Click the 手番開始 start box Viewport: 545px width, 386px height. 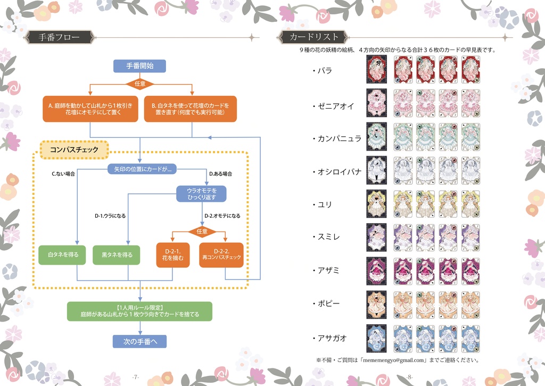[x=139, y=66]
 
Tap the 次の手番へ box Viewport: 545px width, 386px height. [x=139, y=341]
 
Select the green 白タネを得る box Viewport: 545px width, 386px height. [x=63, y=255]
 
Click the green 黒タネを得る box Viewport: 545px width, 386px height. [x=117, y=255]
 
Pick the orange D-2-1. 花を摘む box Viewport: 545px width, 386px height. [x=174, y=255]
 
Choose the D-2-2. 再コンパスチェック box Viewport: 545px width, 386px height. [x=221, y=255]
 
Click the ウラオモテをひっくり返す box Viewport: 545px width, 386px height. [x=202, y=193]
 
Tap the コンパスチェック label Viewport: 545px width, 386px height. [x=74, y=150]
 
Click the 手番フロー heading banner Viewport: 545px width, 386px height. [x=60, y=37]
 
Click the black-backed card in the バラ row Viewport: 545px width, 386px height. [x=377, y=70]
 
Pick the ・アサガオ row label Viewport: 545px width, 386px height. [x=332, y=338]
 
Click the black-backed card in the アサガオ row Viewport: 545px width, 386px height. [x=377, y=338]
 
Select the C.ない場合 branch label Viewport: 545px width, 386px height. [x=63, y=174]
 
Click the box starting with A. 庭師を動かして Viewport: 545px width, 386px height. [x=90, y=109]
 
